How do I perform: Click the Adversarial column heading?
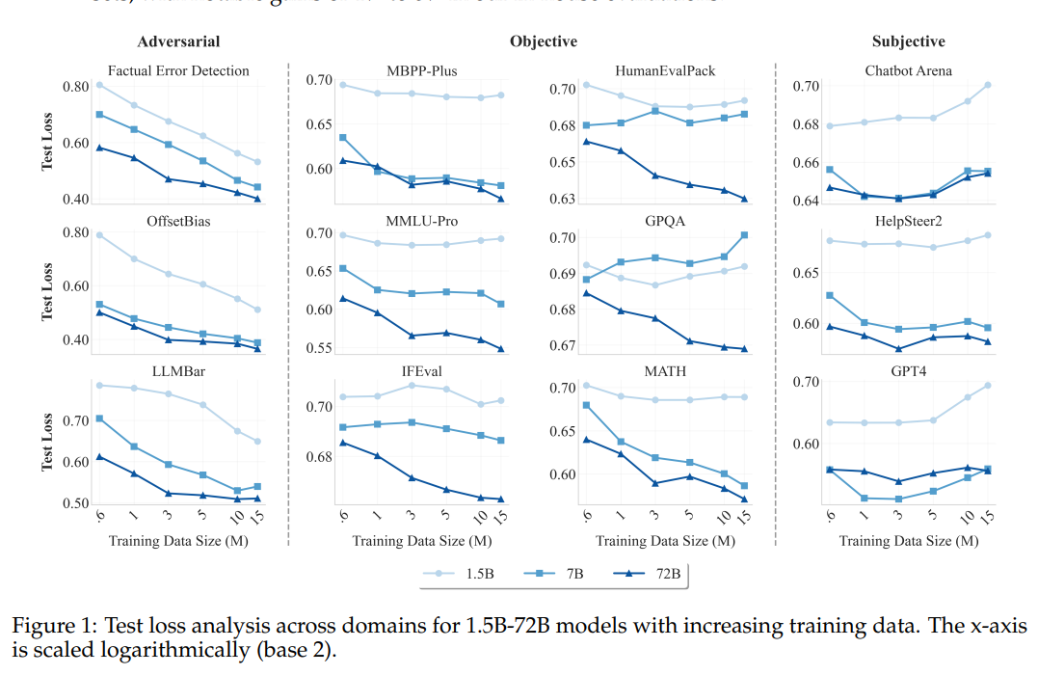(178, 41)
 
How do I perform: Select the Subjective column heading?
(908, 41)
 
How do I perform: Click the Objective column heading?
(544, 41)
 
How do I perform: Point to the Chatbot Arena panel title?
(908, 70)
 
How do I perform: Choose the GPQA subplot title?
(664, 220)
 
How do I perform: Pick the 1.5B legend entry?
(465, 574)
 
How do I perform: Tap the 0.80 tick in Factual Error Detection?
(75, 88)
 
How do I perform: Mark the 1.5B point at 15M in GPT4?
(988, 386)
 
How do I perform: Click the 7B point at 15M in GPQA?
(744, 235)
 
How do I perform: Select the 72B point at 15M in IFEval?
(501, 499)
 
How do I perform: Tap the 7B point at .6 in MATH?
(586, 405)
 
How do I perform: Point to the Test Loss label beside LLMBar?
(46, 443)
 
